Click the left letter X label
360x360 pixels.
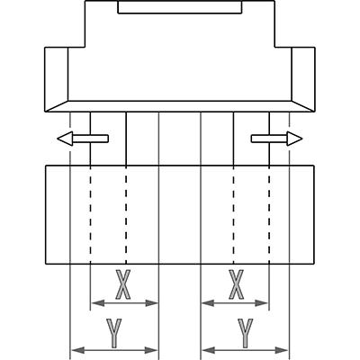click(123, 284)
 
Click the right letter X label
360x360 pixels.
click(237, 284)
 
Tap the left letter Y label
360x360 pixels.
click(114, 333)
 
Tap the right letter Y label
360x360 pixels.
click(246, 333)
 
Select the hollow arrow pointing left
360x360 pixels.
click(83, 139)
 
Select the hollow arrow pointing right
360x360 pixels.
click(276, 139)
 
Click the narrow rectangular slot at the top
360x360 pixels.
click(180, 7)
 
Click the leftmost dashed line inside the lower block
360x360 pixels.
click(90, 215)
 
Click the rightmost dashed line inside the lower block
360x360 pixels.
click(269, 215)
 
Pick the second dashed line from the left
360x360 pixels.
click(126, 215)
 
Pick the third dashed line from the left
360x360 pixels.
click(233, 215)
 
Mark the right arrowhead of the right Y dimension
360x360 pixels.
click(282, 350)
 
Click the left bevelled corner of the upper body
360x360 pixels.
click(57, 106)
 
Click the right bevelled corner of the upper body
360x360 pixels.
click(303, 106)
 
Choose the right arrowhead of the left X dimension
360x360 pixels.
click(151, 303)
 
